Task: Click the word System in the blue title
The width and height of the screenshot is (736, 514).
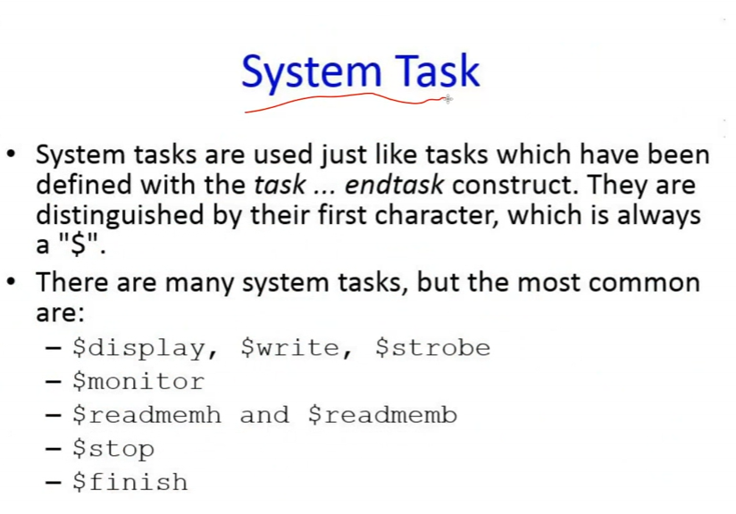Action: click(311, 72)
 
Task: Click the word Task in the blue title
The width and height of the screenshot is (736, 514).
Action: click(437, 70)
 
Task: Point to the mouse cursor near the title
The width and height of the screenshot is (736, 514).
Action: click(448, 99)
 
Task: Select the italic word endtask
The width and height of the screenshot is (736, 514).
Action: click(394, 185)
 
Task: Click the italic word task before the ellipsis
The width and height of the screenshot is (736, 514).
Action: click(280, 185)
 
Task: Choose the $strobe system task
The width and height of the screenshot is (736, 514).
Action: click(433, 347)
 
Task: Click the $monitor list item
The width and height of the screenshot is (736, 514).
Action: click(138, 381)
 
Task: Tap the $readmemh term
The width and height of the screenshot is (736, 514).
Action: click(146, 415)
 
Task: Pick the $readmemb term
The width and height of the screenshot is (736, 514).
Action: click(382, 415)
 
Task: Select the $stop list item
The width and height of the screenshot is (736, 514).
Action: click(113, 449)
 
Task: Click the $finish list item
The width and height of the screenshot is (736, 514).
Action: click(130, 482)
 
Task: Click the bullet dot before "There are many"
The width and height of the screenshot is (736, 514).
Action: click(12, 282)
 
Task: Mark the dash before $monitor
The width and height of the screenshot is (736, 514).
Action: click(54, 382)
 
